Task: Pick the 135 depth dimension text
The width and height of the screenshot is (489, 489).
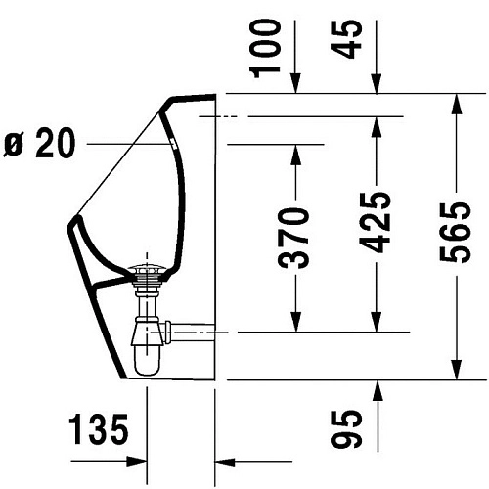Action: tap(99, 429)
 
